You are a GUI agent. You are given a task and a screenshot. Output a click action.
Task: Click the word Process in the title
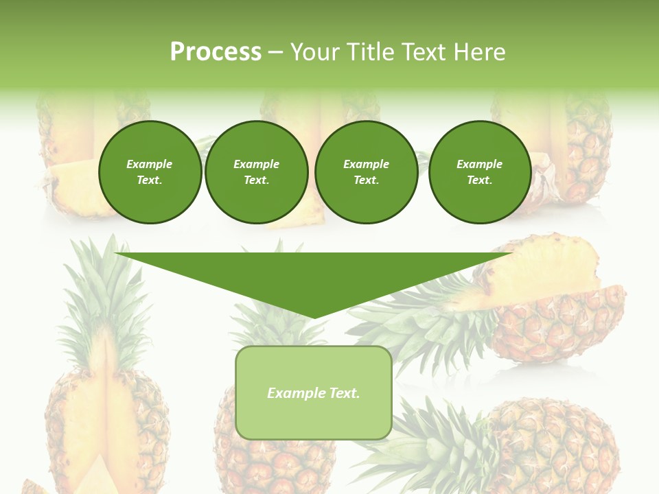pyautogui.click(x=216, y=52)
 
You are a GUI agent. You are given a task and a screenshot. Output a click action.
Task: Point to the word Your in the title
pyautogui.click(x=316, y=52)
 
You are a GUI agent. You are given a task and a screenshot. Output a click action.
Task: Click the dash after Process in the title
pyautogui.click(x=275, y=53)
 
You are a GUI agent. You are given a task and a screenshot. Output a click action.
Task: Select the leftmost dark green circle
pyautogui.click(x=150, y=172)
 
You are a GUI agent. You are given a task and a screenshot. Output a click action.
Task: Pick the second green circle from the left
pyautogui.click(x=257, y=172)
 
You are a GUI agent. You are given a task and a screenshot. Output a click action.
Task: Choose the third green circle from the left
pyautogui.click(x=367, y=172)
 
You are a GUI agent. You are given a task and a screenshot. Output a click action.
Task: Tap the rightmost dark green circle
pyautogui.click(x=480, y=172)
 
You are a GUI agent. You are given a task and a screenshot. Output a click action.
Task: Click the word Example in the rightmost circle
pyautogui.click(x=480, y=164)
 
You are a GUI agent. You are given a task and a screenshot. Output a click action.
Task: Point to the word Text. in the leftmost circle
pyautogui.click(x=150, y=180)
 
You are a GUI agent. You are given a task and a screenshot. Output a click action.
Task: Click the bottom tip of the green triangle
pyautogui.click(x=314, y=317)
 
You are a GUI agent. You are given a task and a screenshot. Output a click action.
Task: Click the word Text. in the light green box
pyautogui.click(x=344, y=393)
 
